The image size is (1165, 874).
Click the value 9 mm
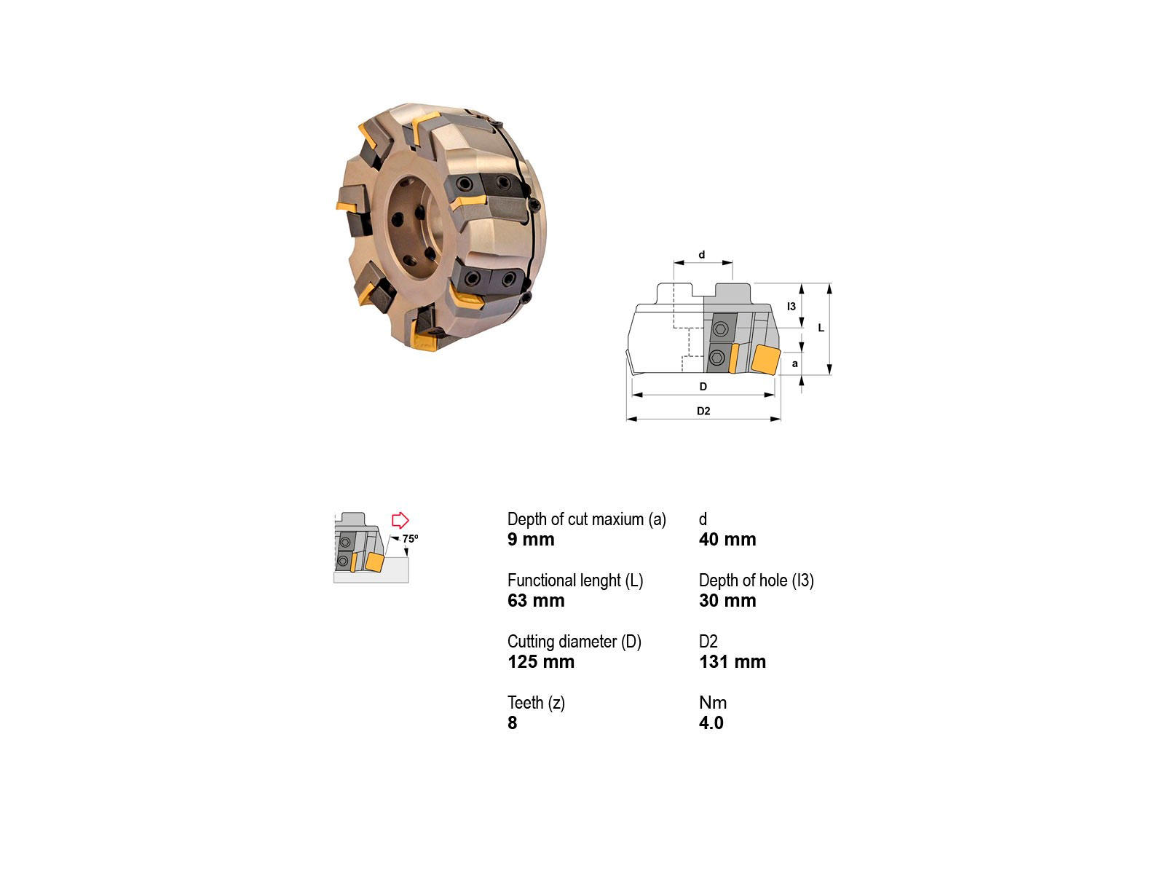pyautogui.click(x=531, y=539)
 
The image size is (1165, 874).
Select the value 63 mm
pyautogui.click(x=535, y=600)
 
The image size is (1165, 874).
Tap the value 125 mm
pyautogui.click(x=541, y=662)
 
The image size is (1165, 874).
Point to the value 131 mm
pyautogui.click(x=732, y=662)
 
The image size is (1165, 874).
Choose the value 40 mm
pyautogui.click(x=727, y=539)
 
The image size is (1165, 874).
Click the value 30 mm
pyautogui.click(x=727, y=600)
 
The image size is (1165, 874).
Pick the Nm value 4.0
pyautogui.click(x=711, y=723)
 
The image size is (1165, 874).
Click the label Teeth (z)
pyautogui.click(x=536, y=703)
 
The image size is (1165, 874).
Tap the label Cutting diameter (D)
pyautogui.click(x=574, y=642)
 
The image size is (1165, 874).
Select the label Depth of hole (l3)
pyautogui.click(x=757, y=580)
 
